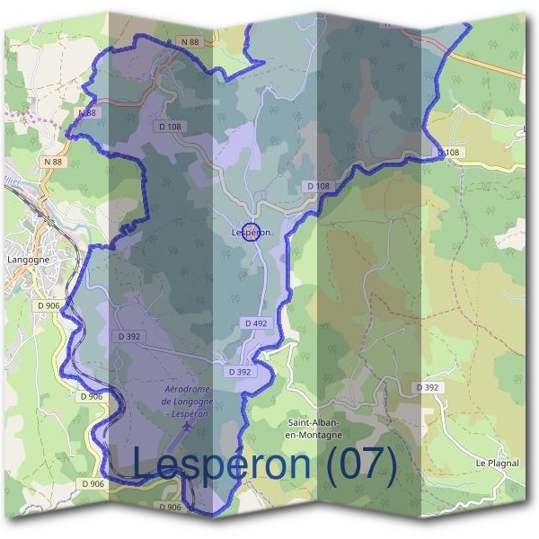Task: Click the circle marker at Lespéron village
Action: point(252,233)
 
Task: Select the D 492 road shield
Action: point(255,323)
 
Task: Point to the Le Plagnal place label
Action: point(498,463)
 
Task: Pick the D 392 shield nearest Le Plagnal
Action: point(429,387)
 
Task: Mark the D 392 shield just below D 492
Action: point(240,371)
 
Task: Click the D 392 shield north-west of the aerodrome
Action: point(130,336)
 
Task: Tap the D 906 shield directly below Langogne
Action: point(49,305)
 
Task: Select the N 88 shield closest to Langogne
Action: point(53,161)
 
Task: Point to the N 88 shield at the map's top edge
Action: point(187,41)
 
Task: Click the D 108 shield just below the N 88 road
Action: point(169,127)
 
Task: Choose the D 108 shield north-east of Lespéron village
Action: point(318,186)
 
